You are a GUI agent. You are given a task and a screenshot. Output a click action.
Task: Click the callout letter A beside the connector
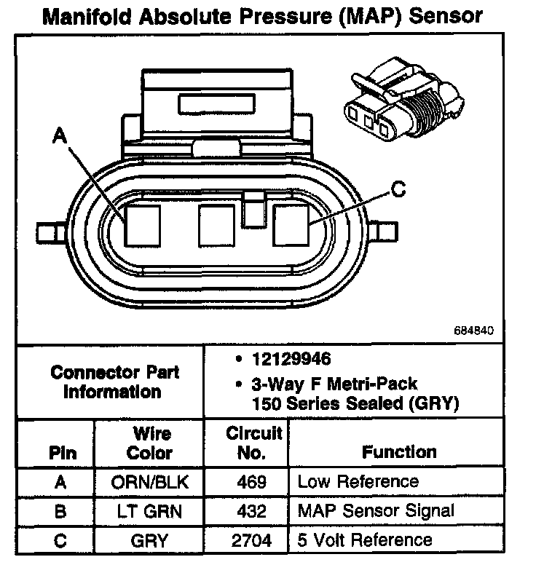point(60,135)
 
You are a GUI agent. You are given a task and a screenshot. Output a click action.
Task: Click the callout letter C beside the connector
point(398,189)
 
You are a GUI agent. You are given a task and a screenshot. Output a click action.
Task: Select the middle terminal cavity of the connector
point(216,226)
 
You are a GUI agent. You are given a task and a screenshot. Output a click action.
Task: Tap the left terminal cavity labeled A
point(143,226)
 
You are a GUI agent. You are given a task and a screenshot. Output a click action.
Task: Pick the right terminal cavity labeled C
point(291,226)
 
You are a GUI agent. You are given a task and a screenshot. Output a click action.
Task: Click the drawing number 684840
point(473,331)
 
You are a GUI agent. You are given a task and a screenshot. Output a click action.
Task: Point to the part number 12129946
point(291,359)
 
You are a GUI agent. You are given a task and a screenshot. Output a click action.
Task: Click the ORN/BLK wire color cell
point(149,482)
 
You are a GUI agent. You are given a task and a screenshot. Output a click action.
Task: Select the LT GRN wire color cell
point(149,511)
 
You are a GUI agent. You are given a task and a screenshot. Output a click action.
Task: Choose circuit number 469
point(251,482)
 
